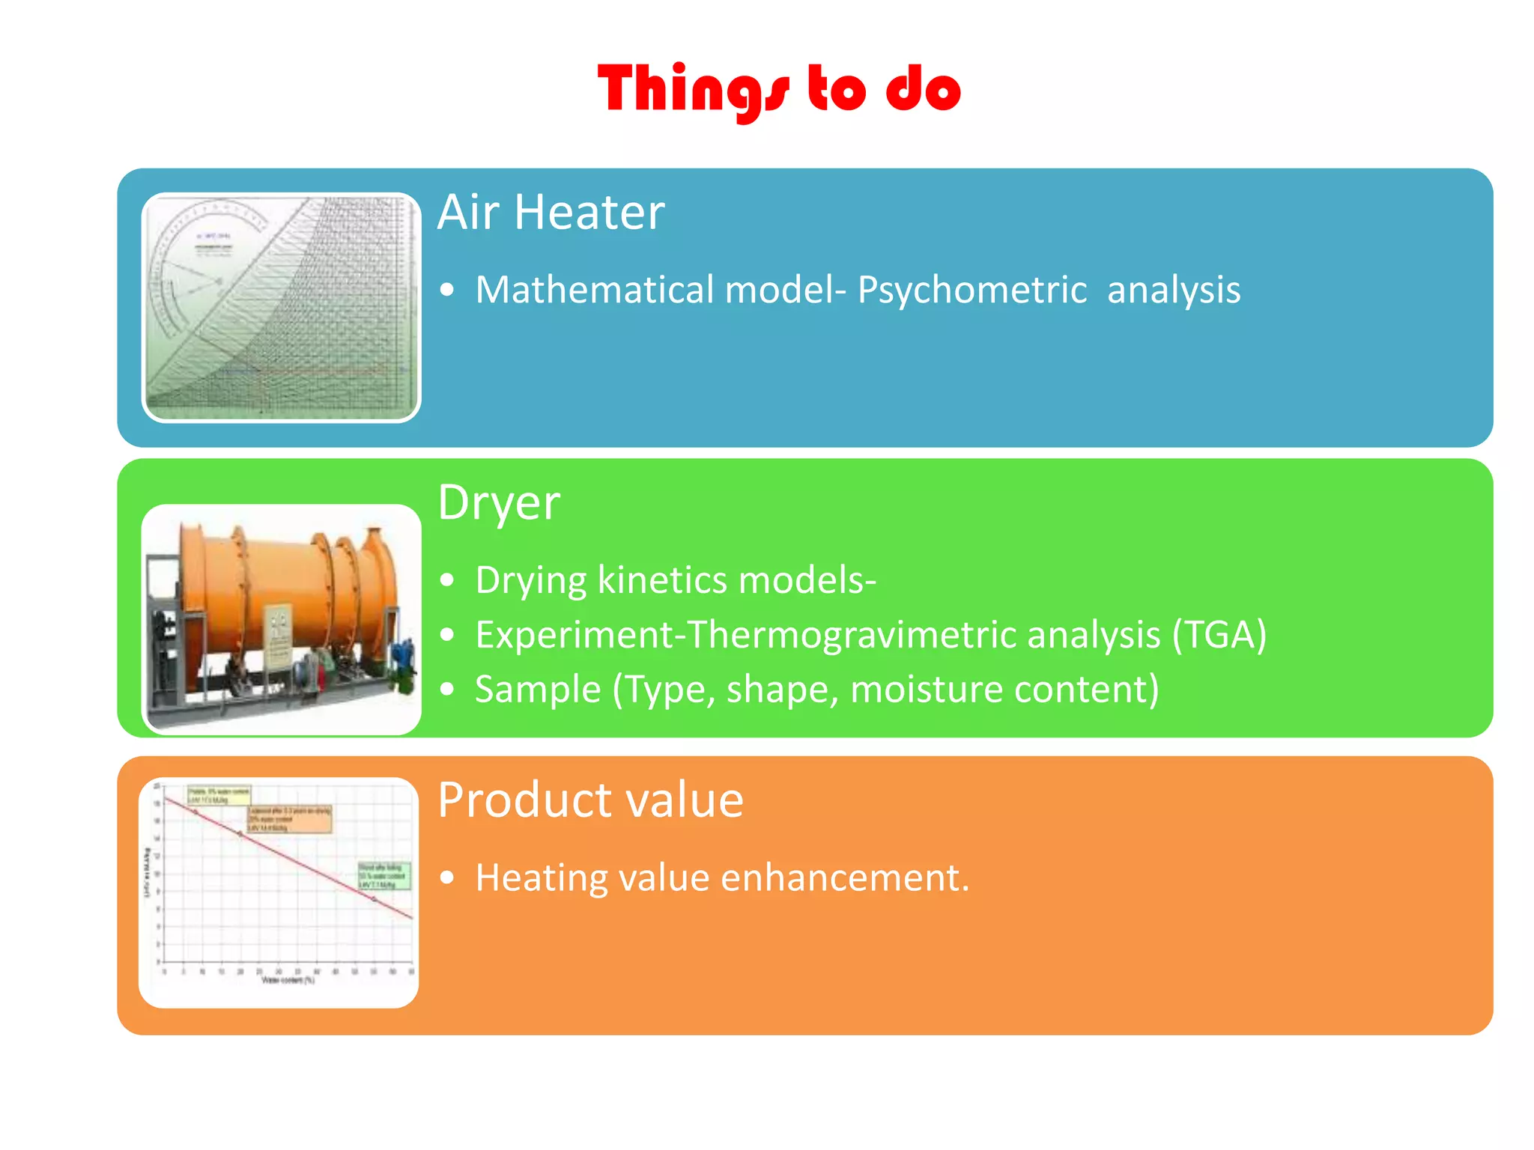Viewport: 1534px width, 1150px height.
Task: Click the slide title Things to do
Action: point(779,90)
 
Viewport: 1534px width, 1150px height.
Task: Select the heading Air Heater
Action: point(551,212)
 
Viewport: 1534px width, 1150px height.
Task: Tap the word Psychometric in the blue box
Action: point(971,290)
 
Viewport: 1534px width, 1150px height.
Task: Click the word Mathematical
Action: point(595,290)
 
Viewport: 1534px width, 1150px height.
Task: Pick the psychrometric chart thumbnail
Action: point(281,308)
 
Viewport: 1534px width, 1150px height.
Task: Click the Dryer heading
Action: point(499,502)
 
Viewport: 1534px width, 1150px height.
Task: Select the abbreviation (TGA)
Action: point(1219,635)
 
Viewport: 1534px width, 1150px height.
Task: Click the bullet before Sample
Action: point(447,690)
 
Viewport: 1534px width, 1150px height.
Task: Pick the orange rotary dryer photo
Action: point(281,618)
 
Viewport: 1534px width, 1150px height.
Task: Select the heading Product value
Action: point(590,800)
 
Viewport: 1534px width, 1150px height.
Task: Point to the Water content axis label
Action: point(288,980)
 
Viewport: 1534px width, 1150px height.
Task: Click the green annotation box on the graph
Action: point(383,876)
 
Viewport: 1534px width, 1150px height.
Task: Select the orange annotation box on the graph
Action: point(288,819)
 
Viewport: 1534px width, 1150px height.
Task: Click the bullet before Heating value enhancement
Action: point(447,877)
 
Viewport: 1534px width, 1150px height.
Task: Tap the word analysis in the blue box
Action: point(1173,290)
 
